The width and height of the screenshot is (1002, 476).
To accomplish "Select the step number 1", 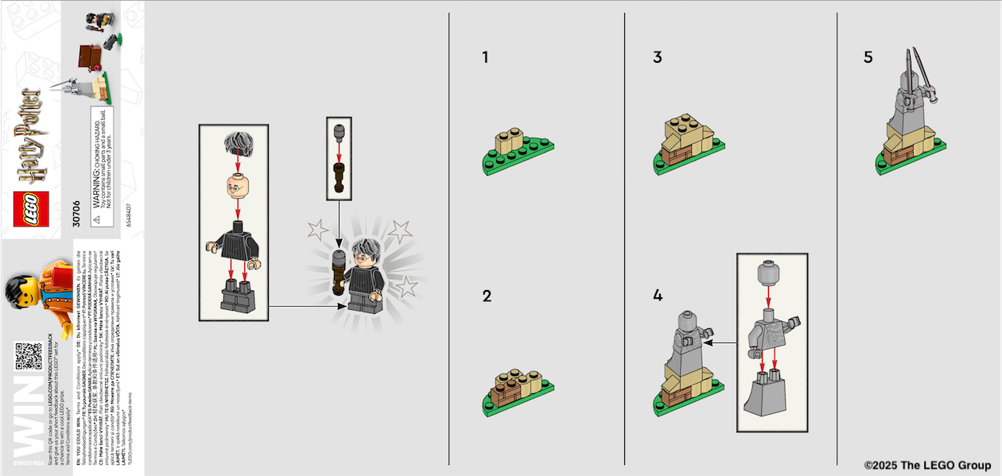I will (x=485, y=57).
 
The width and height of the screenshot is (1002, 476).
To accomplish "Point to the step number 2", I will (x=487, y=296).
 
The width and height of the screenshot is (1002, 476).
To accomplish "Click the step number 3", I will (x=657, y=57).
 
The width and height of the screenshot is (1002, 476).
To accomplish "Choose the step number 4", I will (x=658, y=296).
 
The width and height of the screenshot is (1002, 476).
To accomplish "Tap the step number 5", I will (x=868, y=57).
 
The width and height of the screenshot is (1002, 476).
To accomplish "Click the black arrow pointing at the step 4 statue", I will (x=721, y=343).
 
